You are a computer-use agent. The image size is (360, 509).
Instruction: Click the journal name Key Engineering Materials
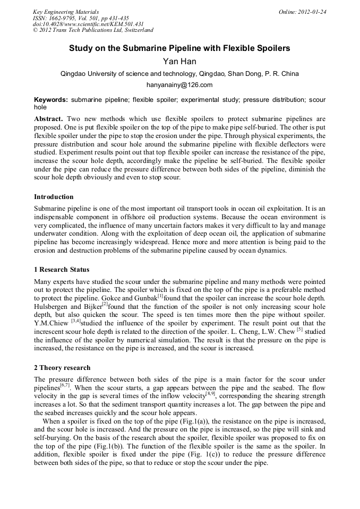[x=66, y=12]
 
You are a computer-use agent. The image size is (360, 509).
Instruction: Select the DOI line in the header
[x=88, y=24]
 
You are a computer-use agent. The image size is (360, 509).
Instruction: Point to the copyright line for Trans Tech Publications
[x=93, y=31]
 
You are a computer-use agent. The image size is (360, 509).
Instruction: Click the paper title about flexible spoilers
[x=179, y=48]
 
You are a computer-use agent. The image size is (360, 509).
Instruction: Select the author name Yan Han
[x=179, y=62]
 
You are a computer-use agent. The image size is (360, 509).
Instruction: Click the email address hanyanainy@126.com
[x=179, y=85]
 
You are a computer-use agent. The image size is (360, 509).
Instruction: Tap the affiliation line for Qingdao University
[x=179, y=74]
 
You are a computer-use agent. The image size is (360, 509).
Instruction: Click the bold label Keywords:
[x=51, y=100]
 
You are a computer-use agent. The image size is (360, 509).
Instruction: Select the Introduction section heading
[x=54, y=197]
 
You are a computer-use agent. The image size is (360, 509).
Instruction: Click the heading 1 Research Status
[x=62, y=270]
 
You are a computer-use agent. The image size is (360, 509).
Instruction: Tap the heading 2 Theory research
[x=62, y=368]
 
